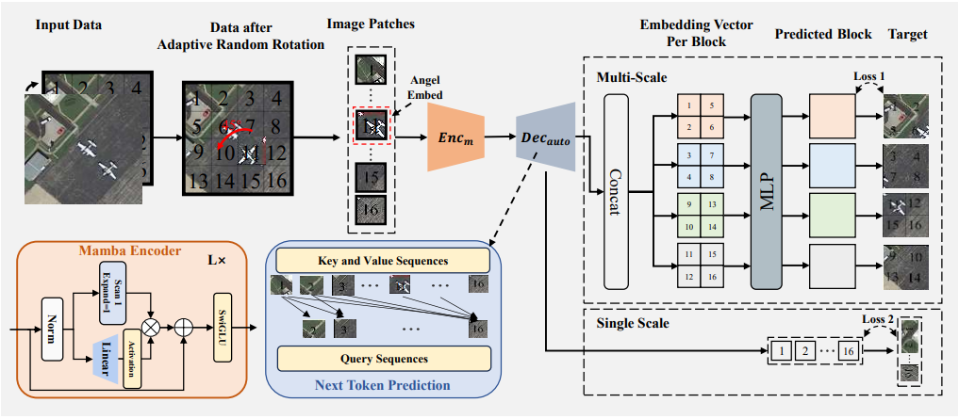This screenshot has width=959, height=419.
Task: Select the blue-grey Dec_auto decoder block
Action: (x=545, y=138)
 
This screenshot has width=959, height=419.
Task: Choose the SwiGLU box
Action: (x=224, y=330)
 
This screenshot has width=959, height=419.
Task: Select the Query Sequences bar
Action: (x=384, y=359)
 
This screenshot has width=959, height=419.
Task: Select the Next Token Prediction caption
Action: (x=383, y=384)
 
